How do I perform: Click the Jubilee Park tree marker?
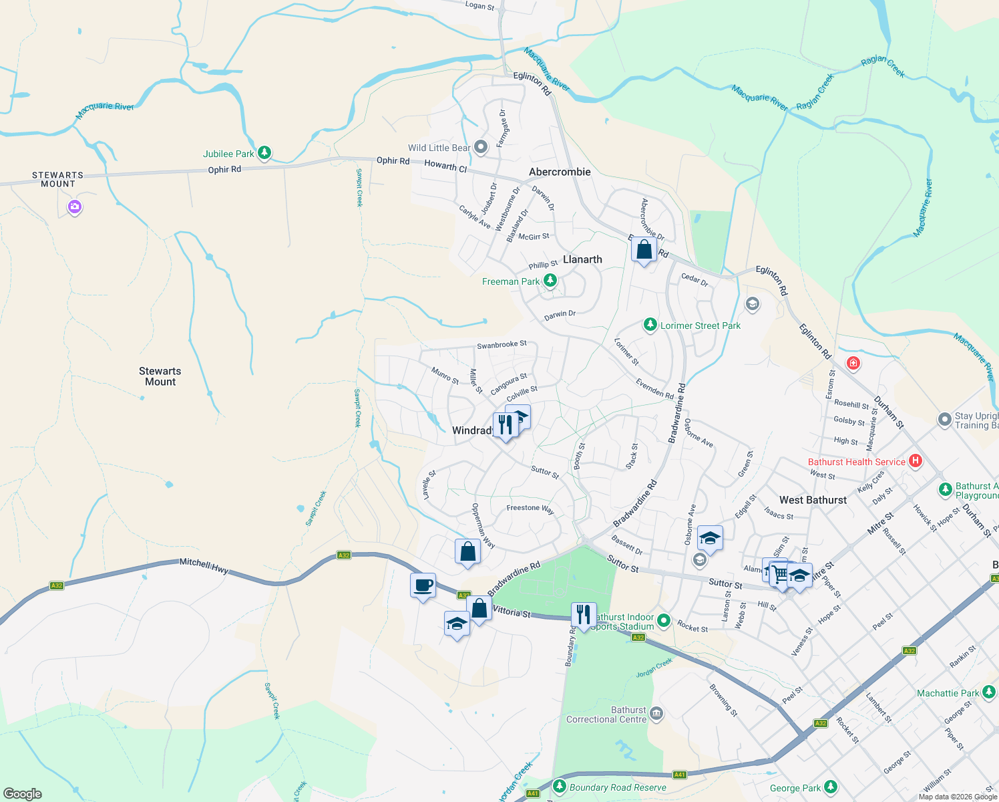tap(264, 153)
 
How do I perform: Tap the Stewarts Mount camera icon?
tap(75, 207)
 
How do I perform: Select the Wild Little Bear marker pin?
tap(481, 147)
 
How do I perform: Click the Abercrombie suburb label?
tap(560, 172)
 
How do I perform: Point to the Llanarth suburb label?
tap(582, 259)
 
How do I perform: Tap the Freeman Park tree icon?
tap(550, 281)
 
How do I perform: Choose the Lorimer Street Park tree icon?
tap(650, 325)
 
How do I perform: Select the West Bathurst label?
tap(813, 500)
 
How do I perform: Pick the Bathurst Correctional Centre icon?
tap(656, 714)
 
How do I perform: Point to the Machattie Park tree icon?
tap(989, 692)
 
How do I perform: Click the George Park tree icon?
tap(830, 787)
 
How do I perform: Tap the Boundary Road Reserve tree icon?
tap(560, 787)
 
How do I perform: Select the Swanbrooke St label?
tap(502, 345)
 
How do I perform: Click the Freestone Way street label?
tap(530, 509)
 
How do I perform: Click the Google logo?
tap(23, 794)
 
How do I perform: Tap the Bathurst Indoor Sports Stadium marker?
tap(663, 621)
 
